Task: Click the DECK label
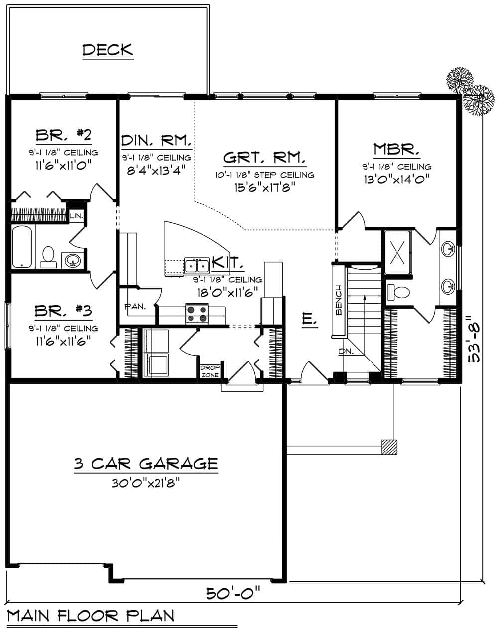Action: pyautogui.click(x=108, y=50)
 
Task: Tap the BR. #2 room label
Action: pyautogui.click(x=63, y=136)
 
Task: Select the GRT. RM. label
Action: pyautogui.click(x=264, y=158)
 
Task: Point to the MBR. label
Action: pyautogui.click(x=396, y=149)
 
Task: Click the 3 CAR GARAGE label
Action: pyautogui.click(x=146, y=464)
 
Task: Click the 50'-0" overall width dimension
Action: pyautogui.click(x=234, y=593)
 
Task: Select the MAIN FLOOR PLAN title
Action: pyautogui.click(x=91, y=616)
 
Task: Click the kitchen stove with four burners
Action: pyautogui.click(x=197, y=314)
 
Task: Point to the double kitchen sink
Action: pyautogui.click(x=197, y=266)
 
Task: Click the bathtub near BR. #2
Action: pyautogui.click(x=23, y=247)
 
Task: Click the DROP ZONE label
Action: pyautogui.click(x=207, y=371)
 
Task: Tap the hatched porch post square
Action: pyautogui.click(x=389, y=447)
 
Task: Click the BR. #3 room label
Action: pyautogui.click(x=63, y=312)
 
